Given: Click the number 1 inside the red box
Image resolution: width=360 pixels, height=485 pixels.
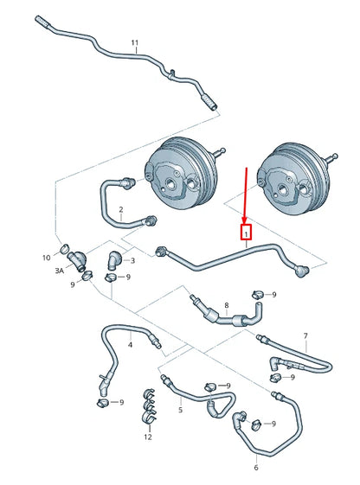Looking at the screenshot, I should pos(247,233).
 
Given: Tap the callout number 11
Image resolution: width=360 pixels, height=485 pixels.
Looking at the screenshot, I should pos(134,42).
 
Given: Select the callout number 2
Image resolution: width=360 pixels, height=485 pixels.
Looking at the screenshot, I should pos(121,210).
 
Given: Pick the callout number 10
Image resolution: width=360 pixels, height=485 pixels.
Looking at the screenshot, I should pos(47,258).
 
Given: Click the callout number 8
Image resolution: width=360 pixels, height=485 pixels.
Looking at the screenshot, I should pos(227,305).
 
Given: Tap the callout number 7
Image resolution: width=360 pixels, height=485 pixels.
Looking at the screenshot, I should pos(305,335).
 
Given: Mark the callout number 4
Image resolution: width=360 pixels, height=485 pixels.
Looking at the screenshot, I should pos(130,345).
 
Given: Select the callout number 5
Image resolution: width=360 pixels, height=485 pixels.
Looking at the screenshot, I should pos(180,410).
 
